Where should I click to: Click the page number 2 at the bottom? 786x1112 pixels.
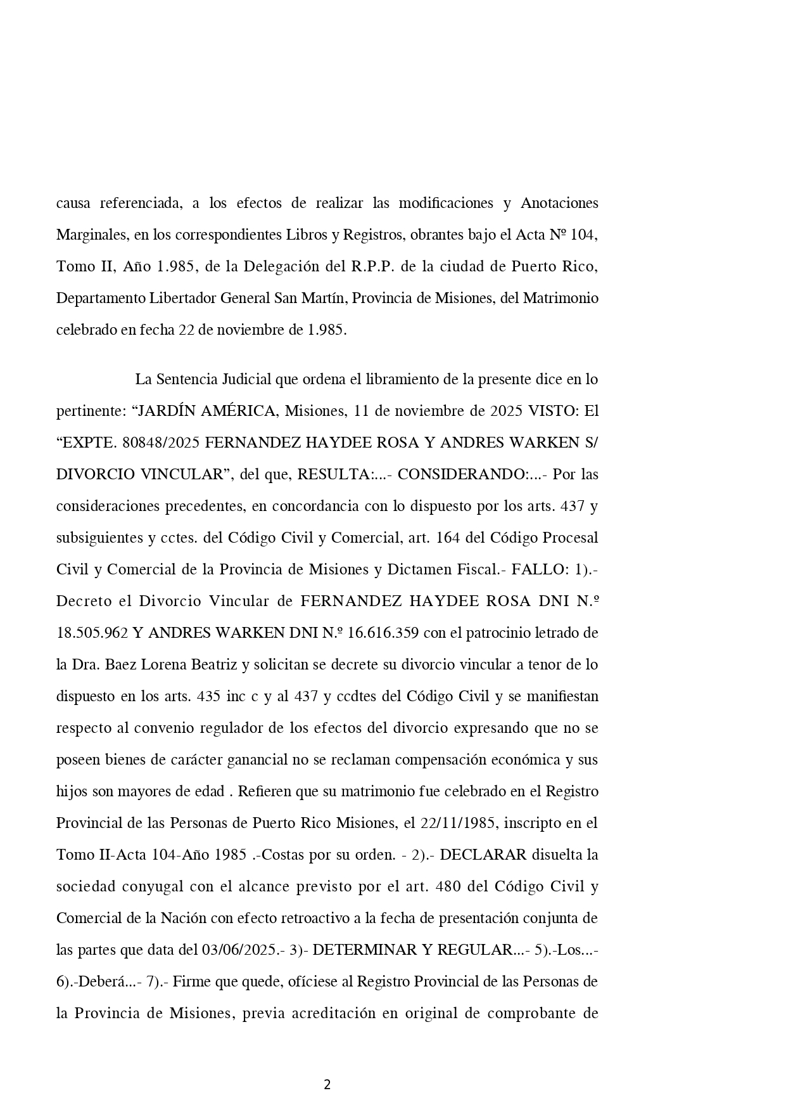pyautogui.click(x=327, y=1085)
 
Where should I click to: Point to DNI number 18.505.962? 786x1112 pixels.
pyautogui.click(x=92, y=633)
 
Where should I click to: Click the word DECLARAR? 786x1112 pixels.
pyautogui.click(x=483, y=855)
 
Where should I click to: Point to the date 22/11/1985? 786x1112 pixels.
pyautogui.click(x=453, y=823)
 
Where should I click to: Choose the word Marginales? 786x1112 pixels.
pyautogui.click(x=91, y=235)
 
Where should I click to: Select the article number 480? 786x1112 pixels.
pyautogui.click(x=448, y=886)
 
